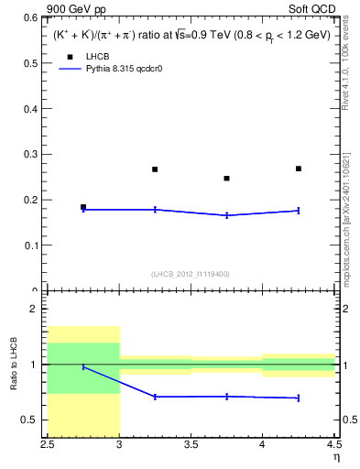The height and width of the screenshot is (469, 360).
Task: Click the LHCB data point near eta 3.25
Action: (x=155, y=169)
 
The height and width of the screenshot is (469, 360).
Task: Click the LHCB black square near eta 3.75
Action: (x=227, y=179)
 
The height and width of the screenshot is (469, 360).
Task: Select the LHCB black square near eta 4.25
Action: (x=299, y=169)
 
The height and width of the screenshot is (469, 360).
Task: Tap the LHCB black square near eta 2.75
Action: (x=83, y=207)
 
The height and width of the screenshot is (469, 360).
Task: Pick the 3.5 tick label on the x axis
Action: (x=191, y=446)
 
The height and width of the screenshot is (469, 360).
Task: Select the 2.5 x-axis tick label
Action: (x=48, y=446)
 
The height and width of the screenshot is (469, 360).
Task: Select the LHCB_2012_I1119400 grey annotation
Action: (x=190, y=274)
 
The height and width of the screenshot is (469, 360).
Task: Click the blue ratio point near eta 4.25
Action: (x=299, y=398)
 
